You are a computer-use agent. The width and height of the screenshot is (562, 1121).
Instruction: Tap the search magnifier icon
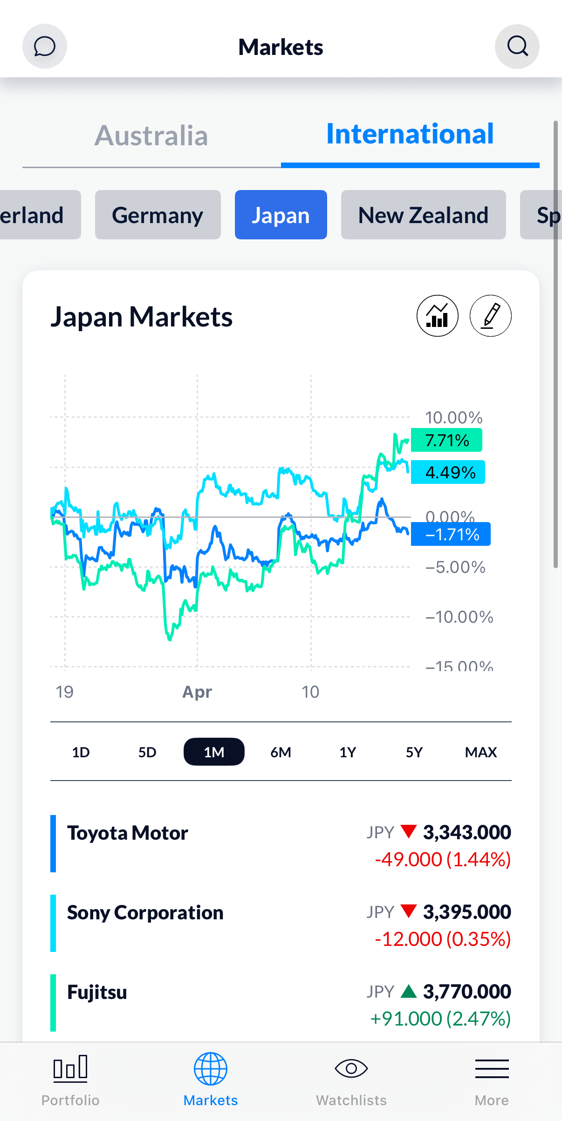[x=517, y=47]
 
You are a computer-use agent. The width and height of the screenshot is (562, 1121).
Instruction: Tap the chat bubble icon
[x=45, y=47]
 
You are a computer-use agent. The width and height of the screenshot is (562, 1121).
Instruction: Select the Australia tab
[x=151, y=136]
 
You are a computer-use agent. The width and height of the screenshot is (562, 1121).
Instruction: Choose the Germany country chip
[x=158, y=215]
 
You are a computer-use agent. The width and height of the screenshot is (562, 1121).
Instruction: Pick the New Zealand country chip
[x=423, y=215]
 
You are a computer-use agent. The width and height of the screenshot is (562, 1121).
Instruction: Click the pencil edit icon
[x=490, y=316]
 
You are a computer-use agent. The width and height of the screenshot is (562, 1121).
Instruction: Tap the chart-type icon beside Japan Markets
[x=437, y=316]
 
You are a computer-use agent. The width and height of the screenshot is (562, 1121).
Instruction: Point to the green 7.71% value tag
[x=446, y=440]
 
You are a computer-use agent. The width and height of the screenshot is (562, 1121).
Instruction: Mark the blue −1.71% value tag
[x=451, y=534]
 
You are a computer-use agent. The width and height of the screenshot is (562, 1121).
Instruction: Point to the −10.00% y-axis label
[x=459, y=617]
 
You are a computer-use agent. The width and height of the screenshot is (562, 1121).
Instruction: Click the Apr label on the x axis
[x=197, y=692]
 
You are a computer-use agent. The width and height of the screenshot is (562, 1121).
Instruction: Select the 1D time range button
[x=81, y=752]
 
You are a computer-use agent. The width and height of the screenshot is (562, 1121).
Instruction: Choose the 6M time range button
[x=281, y=752]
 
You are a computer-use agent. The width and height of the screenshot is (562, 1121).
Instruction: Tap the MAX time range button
[x=480, y=752]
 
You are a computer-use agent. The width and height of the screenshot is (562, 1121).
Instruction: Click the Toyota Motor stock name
[x=128, y=833]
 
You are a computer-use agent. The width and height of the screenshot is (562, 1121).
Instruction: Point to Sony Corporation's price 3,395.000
[x=467, y=912]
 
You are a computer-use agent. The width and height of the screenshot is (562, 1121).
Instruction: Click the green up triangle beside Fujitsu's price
[x=409, y=992]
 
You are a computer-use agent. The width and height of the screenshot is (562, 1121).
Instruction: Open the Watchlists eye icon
[x=351, y=1068]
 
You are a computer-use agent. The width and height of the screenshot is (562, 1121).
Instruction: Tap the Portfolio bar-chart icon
[x=70, y=1068]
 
